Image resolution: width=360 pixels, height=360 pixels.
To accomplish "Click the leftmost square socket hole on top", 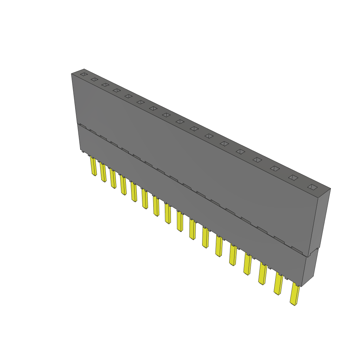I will click(x=83, y=74).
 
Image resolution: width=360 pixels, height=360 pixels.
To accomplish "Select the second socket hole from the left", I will click(x=94, y=79).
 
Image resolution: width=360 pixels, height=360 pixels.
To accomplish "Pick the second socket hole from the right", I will click(x=293, y=178).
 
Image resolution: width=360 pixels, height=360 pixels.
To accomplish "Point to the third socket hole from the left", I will click(x=105, y=85).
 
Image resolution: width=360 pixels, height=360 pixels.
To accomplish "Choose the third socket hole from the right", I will click(x=275, y=168).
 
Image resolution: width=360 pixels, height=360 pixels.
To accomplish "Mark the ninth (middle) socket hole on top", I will click(x=180, y=122).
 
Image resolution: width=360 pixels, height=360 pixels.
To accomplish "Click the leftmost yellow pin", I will click(x=94, y=167).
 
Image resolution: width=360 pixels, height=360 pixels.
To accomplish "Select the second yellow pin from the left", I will click(x=103, y=172).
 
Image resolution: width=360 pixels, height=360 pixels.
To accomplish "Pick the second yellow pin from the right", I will click(x=278, y=284).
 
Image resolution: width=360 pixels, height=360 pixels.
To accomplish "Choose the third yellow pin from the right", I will click(x=262, y=274).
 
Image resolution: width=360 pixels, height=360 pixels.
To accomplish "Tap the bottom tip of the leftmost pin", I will click(x=94, y=175).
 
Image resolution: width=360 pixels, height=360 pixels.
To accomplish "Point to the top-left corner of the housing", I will click(x=71, y=74).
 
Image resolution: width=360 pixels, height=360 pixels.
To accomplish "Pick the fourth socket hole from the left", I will click(x=116, y=90).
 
